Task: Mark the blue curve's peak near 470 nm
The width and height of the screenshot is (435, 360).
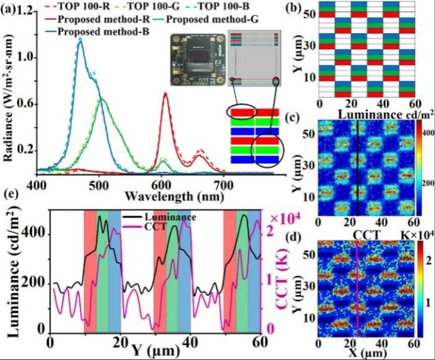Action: pos(80,40)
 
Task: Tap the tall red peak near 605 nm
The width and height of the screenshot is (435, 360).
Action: pos(165,94)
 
